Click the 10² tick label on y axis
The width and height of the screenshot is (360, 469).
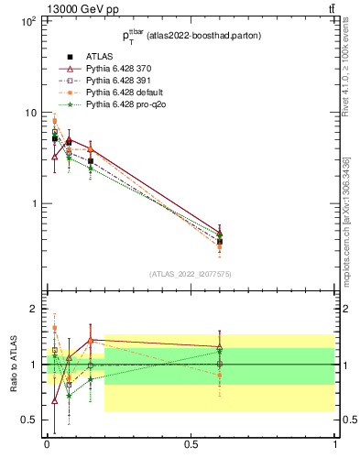click(27, 20)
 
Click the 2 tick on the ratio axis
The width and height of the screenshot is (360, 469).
click(32, 309)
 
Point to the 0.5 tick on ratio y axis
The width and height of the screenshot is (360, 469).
click(28, 420)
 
